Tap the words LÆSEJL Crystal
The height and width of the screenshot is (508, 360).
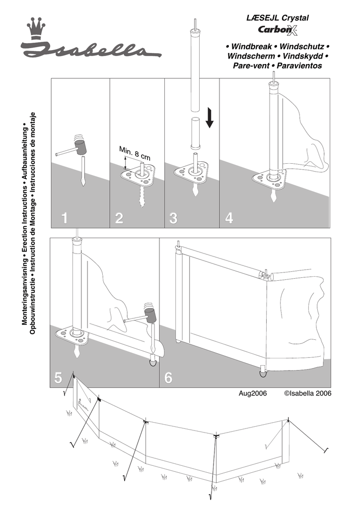pyautogui.click(x=278, y=18)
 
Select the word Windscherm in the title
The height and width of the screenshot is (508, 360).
pyautogui.click(x=248, y=56)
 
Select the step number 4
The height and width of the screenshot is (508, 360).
pyautogui.click(x=228, y=218)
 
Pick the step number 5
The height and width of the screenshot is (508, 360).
pyautogui.click(x=58, y=379)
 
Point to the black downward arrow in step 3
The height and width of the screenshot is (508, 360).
pyautogui.click(x=210, y=118)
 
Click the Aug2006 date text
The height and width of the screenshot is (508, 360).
pyautogui.click(x=253, y=393)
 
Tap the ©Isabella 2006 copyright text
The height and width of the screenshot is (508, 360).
pyautogui.click(x=307, y=393)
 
